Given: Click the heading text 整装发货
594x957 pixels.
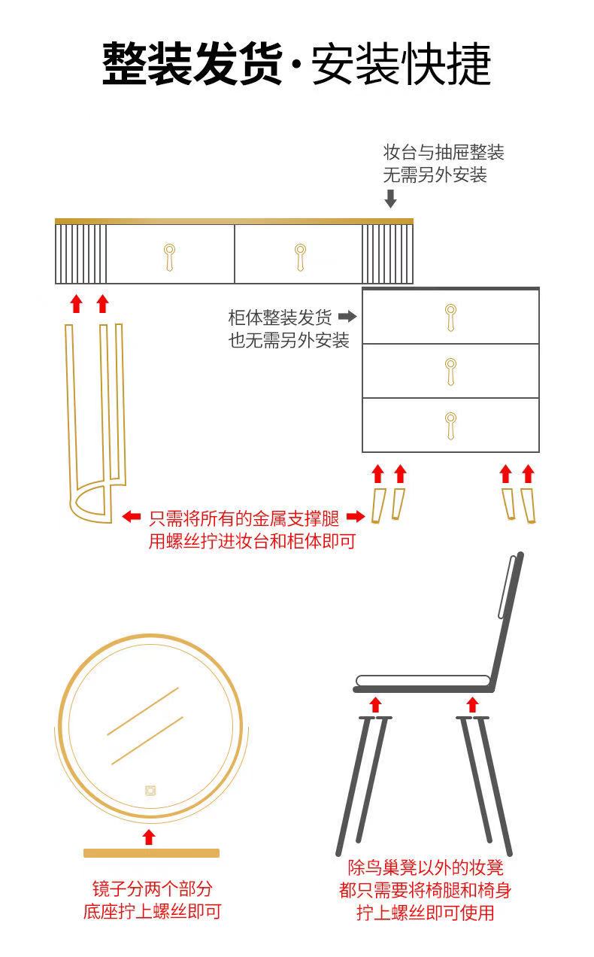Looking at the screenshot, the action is pyautogui.click(x=192, y=63).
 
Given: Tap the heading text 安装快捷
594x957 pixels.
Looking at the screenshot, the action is pyautogui.click(x=402, y=63).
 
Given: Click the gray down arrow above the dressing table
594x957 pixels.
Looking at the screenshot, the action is pyautogui.click(x=390, y=199).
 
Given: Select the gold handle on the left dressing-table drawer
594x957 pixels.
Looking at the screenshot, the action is pyautogui.click(x=169, y=257).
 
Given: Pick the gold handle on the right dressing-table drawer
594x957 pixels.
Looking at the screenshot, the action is pyautogui.click(x=300, y=257).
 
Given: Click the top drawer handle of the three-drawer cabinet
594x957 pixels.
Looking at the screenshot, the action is pyautogui.click(x=450, y=317).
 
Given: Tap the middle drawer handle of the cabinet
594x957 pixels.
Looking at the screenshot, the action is pyautogui.click(x=450, y=372).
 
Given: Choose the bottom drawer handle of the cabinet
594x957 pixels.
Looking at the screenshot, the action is pyautogui.click(x=450, y=426).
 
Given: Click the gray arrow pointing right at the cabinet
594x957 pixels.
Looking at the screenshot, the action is pyautogui.click(x=347, y=317).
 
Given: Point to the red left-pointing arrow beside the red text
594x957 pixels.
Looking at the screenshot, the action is pyautogui.click(x=131, y=517).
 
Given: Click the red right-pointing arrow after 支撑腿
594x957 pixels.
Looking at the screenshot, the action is pyautogui.click(x=356, y=517).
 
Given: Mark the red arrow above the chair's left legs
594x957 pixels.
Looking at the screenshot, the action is pyautogui.click(x=375, y=704).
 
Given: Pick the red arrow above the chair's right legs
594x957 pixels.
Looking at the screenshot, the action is pyautogui.click(x=472, y=704).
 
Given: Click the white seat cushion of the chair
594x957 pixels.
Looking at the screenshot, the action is pyautogui.click(x=423, y=681).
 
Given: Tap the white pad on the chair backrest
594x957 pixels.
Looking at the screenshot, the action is pyautogui.click(x=507, y=587).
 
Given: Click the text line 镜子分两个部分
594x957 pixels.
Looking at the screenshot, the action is pyautogui.click(x=153, y=889).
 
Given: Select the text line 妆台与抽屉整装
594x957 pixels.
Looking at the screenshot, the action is pyautogui.click(x=444, y=153).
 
